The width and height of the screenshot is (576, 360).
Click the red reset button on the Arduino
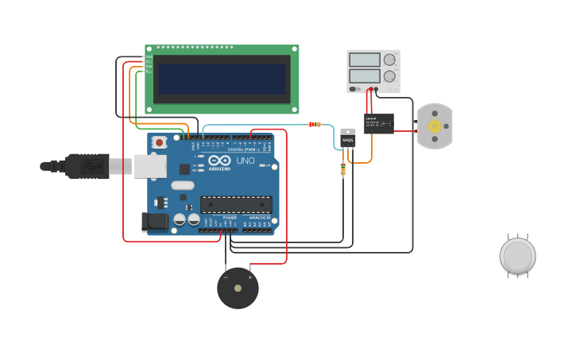160,142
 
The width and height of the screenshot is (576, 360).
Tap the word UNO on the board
245,161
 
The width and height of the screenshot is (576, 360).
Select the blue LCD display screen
222,79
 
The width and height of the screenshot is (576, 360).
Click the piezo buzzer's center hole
238,288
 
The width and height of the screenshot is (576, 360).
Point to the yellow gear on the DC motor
435,126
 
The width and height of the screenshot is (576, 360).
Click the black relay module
379,123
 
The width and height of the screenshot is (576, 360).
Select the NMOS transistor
348,138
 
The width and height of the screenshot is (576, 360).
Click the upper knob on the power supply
389,60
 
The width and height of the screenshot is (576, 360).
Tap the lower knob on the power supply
389,76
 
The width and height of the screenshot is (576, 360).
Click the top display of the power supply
365,60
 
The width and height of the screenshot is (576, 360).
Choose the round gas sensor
518,256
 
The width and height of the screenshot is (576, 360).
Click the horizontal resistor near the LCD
315,124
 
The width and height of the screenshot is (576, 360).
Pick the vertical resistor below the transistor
343,168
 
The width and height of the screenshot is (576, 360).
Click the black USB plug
87,166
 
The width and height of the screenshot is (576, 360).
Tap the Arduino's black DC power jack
155,223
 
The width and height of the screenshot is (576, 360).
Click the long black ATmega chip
236,204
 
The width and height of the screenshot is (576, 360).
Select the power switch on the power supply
354,89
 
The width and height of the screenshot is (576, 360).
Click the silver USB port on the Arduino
150,166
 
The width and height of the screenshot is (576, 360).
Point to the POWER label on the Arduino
230,217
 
